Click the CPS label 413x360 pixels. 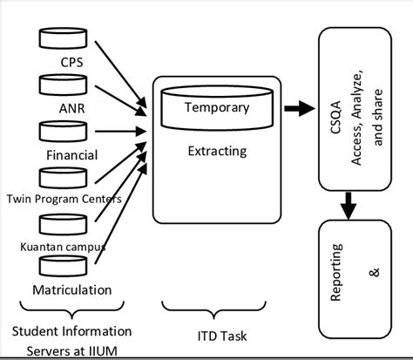72,62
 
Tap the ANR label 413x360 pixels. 72,109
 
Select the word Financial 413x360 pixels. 72,155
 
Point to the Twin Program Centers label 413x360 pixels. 63,198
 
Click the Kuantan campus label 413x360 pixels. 61,246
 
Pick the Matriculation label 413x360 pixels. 72,289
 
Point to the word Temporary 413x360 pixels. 217,108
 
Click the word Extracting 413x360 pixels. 217,151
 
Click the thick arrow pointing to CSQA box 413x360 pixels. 298,109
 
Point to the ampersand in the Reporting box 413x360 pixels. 376,273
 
